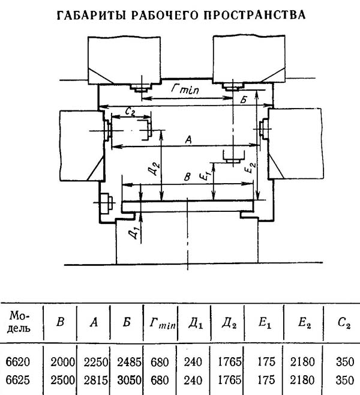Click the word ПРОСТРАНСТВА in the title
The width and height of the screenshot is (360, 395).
[x=254, y=15]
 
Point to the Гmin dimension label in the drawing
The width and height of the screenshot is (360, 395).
[x=185, y=89]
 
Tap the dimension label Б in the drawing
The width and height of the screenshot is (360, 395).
[x=244, y=100]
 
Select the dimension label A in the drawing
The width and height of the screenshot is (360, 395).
[x=188, y=139]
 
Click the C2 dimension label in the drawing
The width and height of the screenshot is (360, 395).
[x=130, y=111]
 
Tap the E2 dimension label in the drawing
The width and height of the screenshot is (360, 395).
[x=250, y=167]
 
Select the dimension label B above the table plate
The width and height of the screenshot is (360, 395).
[x=187, y=177]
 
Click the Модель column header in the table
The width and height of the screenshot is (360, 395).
[x=19, y=322]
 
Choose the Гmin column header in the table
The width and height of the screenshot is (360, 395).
[x=163, y=323]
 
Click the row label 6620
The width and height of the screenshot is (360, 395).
[x=17, y=362]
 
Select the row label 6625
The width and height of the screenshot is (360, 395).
[x=17, y=380]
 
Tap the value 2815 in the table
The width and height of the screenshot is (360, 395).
[x=96, y=381]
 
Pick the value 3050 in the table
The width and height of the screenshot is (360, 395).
[x=129, y=381]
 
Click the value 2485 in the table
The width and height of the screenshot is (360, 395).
[x=129, y=362]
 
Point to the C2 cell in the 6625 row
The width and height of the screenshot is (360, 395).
[x=345, y=381]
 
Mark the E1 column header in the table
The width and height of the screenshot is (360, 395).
[x=265, y=323]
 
